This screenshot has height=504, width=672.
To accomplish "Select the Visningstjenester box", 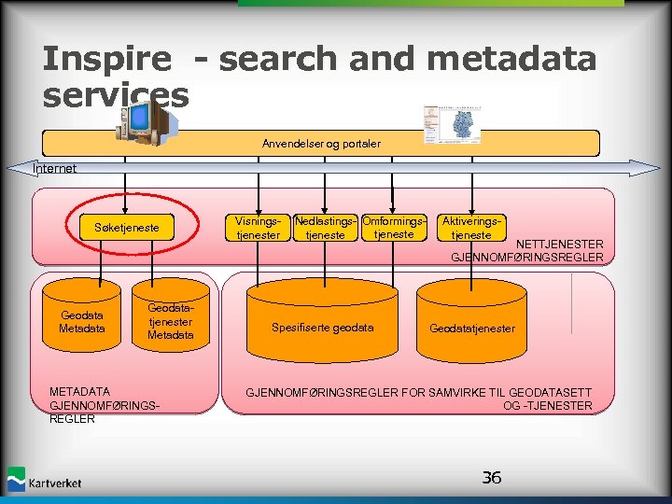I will (259, 229).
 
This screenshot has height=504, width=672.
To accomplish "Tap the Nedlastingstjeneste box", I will (326, 229).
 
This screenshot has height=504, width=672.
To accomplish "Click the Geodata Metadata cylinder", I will (81, 322).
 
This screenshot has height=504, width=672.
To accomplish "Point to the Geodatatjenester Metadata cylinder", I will (171, 321).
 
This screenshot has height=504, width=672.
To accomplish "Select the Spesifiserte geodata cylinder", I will (322, 328).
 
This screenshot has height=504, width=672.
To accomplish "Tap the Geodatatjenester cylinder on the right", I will (471, 328).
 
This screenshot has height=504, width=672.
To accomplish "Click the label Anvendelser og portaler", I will (321, 144).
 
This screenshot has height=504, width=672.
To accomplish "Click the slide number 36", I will (491, 478).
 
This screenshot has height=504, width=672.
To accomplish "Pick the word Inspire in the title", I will (106, 60).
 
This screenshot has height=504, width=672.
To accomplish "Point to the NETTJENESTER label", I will (559, 245).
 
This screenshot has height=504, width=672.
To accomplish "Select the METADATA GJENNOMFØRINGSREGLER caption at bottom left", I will (104, 405).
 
